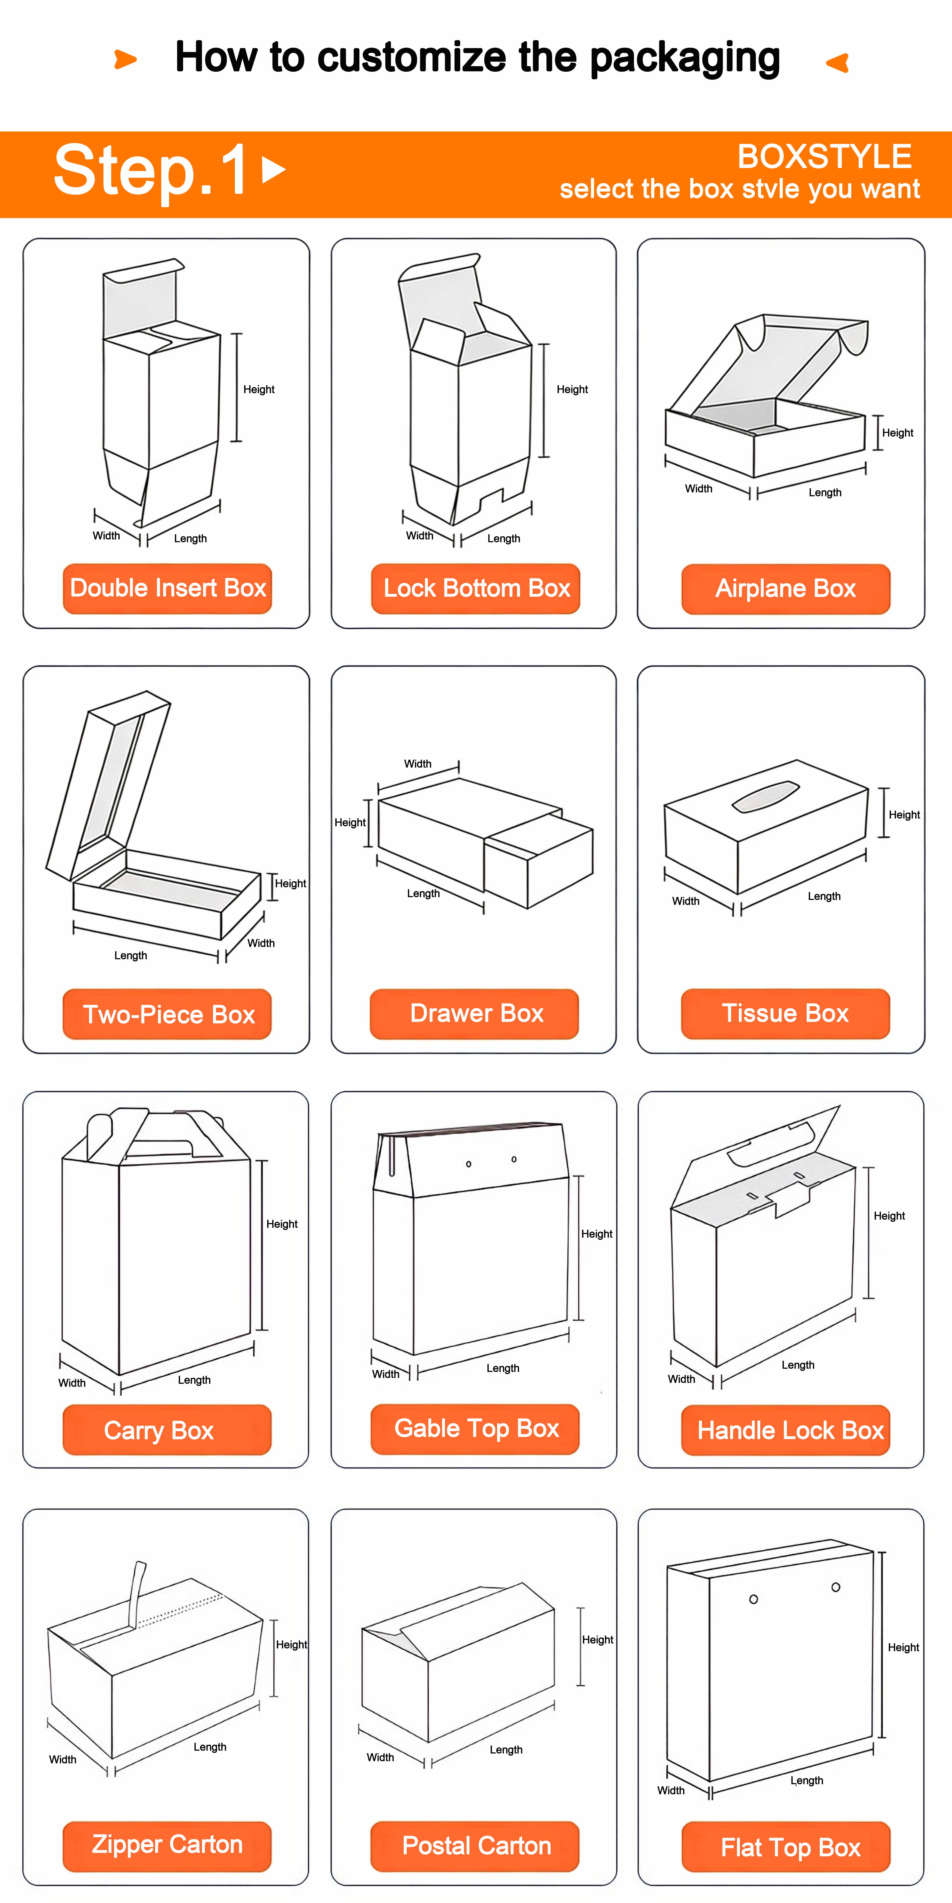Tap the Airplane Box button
(x=786, y=589)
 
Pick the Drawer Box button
(x=475, y=1014)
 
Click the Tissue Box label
(x=786, y=1014)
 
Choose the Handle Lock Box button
(x=786, y=1430)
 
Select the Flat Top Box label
(x=786, y=1847)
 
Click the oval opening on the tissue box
(x=766, y=796)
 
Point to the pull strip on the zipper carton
(x=137, y=1594)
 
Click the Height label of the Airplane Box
(x=897, y=433)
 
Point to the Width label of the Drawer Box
(x=418, y=764)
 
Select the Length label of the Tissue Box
(x=824, y=896)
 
